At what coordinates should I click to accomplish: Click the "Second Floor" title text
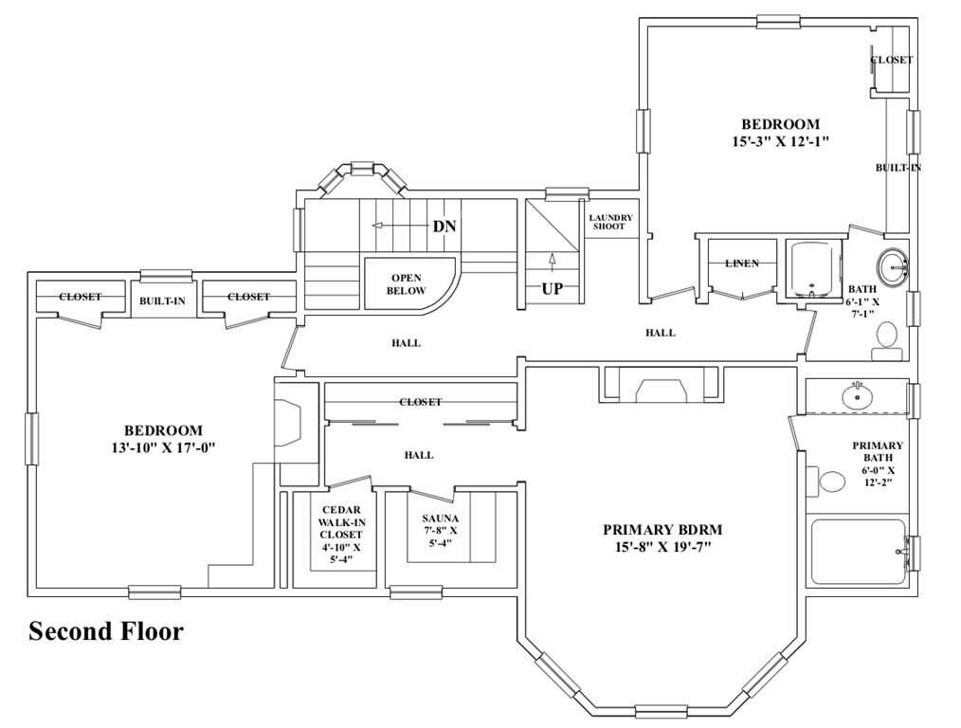(x=106, y=631)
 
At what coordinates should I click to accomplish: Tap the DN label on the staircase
(x=444, y=227)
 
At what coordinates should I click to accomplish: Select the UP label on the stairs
(x=553, y=288)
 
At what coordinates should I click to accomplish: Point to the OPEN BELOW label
(x=406, y=284)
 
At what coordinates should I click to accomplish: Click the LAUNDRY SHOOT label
(x=611, y=222)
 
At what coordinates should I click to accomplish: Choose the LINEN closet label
(x=742, y=264)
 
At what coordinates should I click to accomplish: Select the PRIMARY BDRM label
(x=662, y=530)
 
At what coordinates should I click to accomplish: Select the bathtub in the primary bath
(x=859, y=552)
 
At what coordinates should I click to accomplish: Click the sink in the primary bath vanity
(x=858, y=396)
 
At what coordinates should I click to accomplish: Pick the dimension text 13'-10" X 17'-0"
(x=164, y=448)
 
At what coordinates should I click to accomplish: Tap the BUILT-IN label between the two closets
(x=162, y=300)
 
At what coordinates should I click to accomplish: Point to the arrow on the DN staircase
(x=402, y=226)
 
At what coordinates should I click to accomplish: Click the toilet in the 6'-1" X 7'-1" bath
(x=886, y=342)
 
